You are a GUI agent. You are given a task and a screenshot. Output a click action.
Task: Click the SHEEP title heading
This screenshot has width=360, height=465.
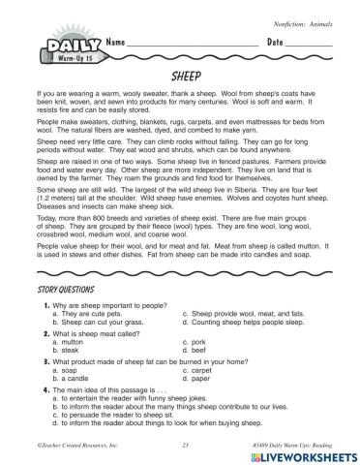click(x=179, y=73)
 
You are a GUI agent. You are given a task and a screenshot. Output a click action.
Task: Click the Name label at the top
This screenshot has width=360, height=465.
click(x=116, y=43)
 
